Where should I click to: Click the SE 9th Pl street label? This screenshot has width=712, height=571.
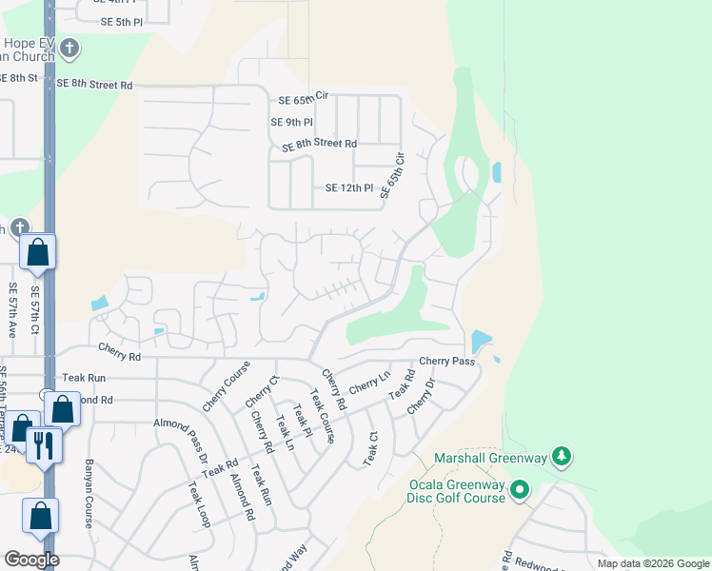click(291, 122)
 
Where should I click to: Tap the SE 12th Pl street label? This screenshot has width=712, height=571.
click(349, 188)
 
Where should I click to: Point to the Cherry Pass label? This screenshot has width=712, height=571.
click(446, 362)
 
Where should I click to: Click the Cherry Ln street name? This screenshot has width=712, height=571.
click(369, 384)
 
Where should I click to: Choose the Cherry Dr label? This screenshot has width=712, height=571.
click(421, 397)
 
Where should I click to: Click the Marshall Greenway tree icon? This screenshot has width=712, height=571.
click(563, 458)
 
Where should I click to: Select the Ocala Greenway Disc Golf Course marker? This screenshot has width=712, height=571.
click(519, 490)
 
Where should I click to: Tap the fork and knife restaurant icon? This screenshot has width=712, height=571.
click(44, 444)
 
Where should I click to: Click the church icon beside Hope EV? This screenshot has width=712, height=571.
click(69, 47)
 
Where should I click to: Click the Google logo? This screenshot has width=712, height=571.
click(32, 560)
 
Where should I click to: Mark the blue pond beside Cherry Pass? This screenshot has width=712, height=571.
click(481, 341)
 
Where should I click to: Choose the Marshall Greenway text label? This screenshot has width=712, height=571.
click(491, 459)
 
